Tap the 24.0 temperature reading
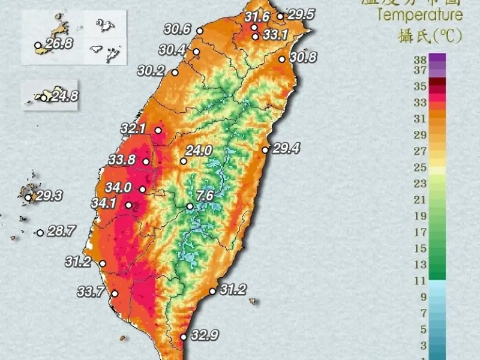[x=200, y=151]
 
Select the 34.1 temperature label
[x=104, y=203]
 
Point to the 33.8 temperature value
[x=122, y=160]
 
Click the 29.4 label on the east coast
[x=286, y=148]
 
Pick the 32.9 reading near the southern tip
[x=204, y=335]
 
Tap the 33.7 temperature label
[x=91, y=292]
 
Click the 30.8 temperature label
[x=303, y=58]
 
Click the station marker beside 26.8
[x=38, y=45]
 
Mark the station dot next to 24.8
[x=44, y=97]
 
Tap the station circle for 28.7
[x=40, y=233]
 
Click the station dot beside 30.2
[x=175, y=73]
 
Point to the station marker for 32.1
[x=158, y=130]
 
